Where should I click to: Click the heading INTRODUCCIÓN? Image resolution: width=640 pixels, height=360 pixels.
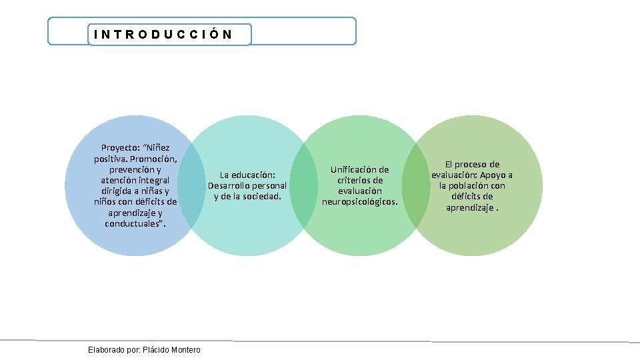[163, 35]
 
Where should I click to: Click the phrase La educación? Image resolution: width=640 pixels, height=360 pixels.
[247, 175]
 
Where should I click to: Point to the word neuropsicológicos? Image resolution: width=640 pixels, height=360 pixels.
[360, 201]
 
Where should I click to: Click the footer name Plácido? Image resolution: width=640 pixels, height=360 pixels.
[155, 350]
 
